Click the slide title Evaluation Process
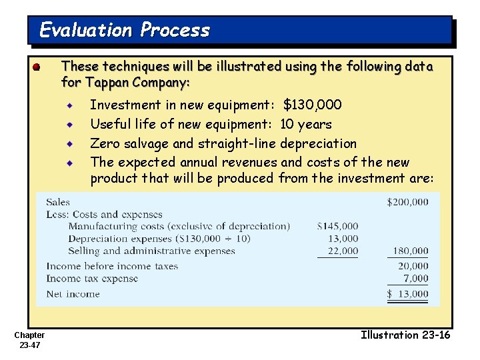click(x=125, y=30)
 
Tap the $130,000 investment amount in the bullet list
click(x=313, y=105)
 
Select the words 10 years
click(x=305, y=124)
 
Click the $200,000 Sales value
click(x=407, y=202)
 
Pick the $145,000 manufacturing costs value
click(x=337, y=227)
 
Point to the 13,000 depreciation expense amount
click(x=343, y=239)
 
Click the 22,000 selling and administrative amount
click(x=343, y=251)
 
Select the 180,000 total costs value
click(x=410, y=251)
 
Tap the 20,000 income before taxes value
click(x=413, y=266)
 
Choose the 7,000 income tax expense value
click(x=415, y=279)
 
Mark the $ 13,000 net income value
click(x=408, y=294)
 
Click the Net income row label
click(x=73, y=294)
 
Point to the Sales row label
click(x=58, y=202)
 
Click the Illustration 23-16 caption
click(x=405, y=335)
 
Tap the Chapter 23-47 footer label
click(x=29, y=340)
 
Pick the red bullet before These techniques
click(x=37, y=67)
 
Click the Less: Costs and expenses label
click(x=104, y=215)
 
